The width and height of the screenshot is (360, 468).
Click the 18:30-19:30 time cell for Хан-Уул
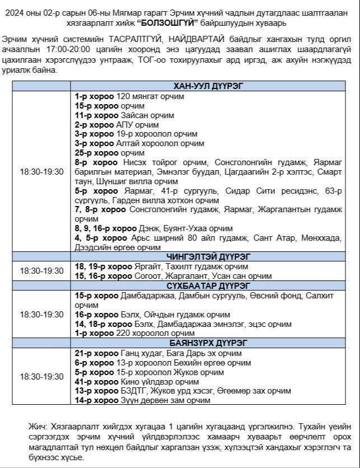[42, 171]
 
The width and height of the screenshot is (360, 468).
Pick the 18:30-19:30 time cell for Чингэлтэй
[42, 270]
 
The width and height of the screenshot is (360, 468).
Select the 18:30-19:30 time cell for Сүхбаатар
[42, 315]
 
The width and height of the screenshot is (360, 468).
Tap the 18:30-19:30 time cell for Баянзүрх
[42, 377]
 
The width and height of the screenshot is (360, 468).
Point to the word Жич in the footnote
[37, 426]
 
